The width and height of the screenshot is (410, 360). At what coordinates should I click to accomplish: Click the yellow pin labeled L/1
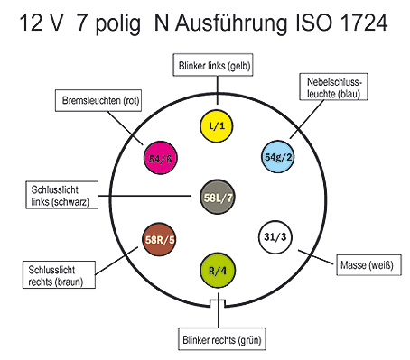point(217,125)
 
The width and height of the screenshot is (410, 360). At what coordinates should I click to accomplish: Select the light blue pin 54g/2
point(277,157)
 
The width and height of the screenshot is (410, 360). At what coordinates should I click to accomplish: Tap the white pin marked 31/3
point(275,237)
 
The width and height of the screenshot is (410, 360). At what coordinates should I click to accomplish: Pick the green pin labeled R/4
point(218,271)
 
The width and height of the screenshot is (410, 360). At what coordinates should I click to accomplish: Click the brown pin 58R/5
point(159,239)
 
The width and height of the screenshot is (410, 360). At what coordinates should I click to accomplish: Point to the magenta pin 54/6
point(161,158)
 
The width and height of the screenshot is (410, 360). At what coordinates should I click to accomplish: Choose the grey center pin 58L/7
point(218,197)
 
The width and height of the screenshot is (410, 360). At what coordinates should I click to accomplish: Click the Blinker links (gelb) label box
point(213,65)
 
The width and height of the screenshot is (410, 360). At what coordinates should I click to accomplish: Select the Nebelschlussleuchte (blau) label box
point(333,87)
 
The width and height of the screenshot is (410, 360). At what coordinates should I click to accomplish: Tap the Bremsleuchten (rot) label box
point(98,100)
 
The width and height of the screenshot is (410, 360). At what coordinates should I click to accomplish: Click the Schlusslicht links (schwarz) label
point(62,195)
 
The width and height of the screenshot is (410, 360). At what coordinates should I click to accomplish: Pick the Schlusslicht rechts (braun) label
point(59,275)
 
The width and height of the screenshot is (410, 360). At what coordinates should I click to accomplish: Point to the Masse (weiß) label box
point(368,265)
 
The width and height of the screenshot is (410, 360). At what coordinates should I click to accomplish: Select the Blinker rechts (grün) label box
point(222,339)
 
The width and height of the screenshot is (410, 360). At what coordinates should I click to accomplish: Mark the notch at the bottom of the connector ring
point(218,303)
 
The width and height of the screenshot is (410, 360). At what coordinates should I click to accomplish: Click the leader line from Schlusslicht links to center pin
point(144,196)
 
